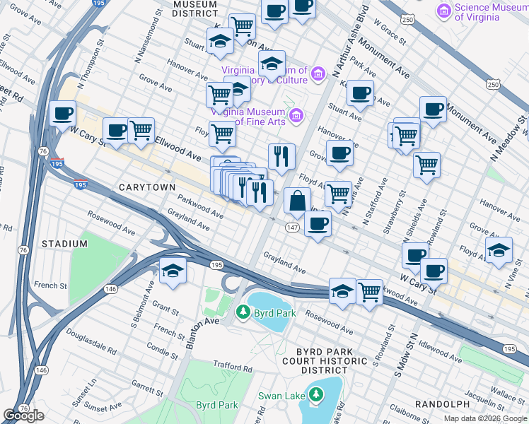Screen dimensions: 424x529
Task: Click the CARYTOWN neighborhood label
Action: pyautogui.click(x=146, y=187)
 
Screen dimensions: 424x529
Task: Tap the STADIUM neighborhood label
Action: pyautogui.click(x=64, y=244)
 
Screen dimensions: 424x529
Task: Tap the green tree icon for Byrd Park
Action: pyautogui.click(x=243, y=311)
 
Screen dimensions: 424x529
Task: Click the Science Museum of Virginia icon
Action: pyautogui.click(x=444, y=11)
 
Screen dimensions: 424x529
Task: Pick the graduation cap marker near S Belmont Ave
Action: pyautogui.click(x=172, y=271)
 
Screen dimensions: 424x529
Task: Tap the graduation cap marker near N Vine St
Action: pyautogui.click(x=499, y=250)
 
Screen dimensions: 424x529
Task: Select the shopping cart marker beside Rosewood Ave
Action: pyautogui.click(x=370, y=291)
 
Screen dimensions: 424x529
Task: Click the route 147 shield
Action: pyautogui.click(x=292, y=227)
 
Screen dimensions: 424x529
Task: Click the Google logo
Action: pyautogui.click(x=23, y=416)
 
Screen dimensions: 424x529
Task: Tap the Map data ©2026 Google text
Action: pyautogui.click(x=484, y=418)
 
